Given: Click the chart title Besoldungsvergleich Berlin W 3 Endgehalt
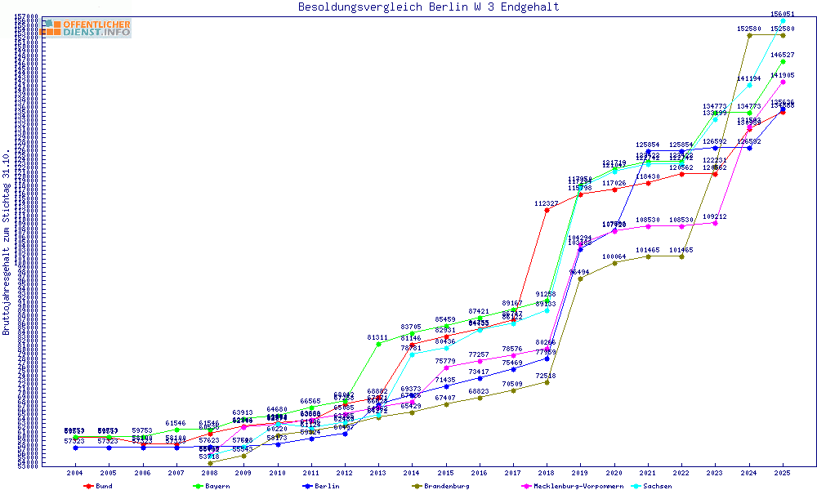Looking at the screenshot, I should tap(429, 7).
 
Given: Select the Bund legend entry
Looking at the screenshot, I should tap(100, 486).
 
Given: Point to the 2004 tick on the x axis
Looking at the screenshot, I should tap(75, 473).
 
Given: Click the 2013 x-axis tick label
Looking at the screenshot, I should tap(377, 473).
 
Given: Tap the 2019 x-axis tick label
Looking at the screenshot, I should tap(580, 473).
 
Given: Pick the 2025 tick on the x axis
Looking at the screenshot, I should tap(783, 473).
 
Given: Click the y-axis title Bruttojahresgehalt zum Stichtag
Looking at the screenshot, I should tap(7, 243).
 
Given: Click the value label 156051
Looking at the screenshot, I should tap(783, 14).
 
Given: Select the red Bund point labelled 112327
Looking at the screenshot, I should tap(547, 210).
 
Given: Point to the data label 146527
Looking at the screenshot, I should tap(783, 55).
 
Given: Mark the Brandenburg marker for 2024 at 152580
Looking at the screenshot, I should tap(749, 35).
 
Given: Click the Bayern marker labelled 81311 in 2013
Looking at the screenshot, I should tap(377, 344).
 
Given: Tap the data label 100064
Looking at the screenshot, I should tap(614, 256).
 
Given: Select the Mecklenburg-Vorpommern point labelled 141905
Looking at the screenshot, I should tap(783, 82).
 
